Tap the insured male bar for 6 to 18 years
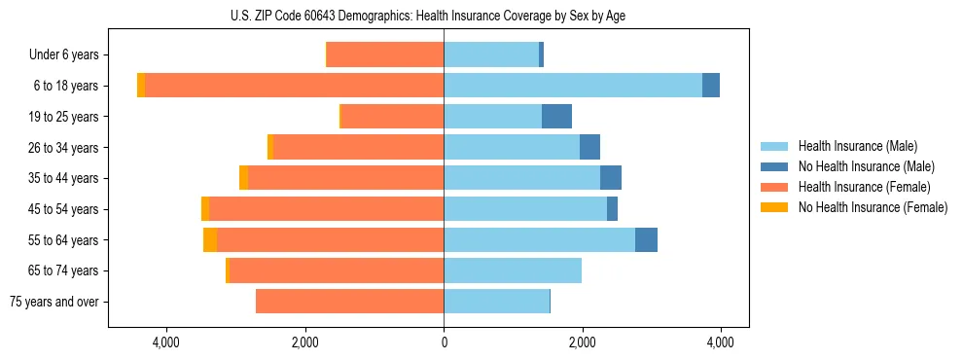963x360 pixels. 573,86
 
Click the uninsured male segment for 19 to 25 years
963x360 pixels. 556,117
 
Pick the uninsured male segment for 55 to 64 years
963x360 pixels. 646,240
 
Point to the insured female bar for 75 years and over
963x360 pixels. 350,302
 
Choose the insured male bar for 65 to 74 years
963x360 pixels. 513,270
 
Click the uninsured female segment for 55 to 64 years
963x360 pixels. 210,240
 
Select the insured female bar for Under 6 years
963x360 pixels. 385,54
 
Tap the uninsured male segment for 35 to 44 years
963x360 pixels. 611,178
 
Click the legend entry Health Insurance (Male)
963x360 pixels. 857,146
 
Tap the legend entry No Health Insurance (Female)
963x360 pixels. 873,207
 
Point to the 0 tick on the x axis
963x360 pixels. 444,342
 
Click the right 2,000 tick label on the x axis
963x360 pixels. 582,342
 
